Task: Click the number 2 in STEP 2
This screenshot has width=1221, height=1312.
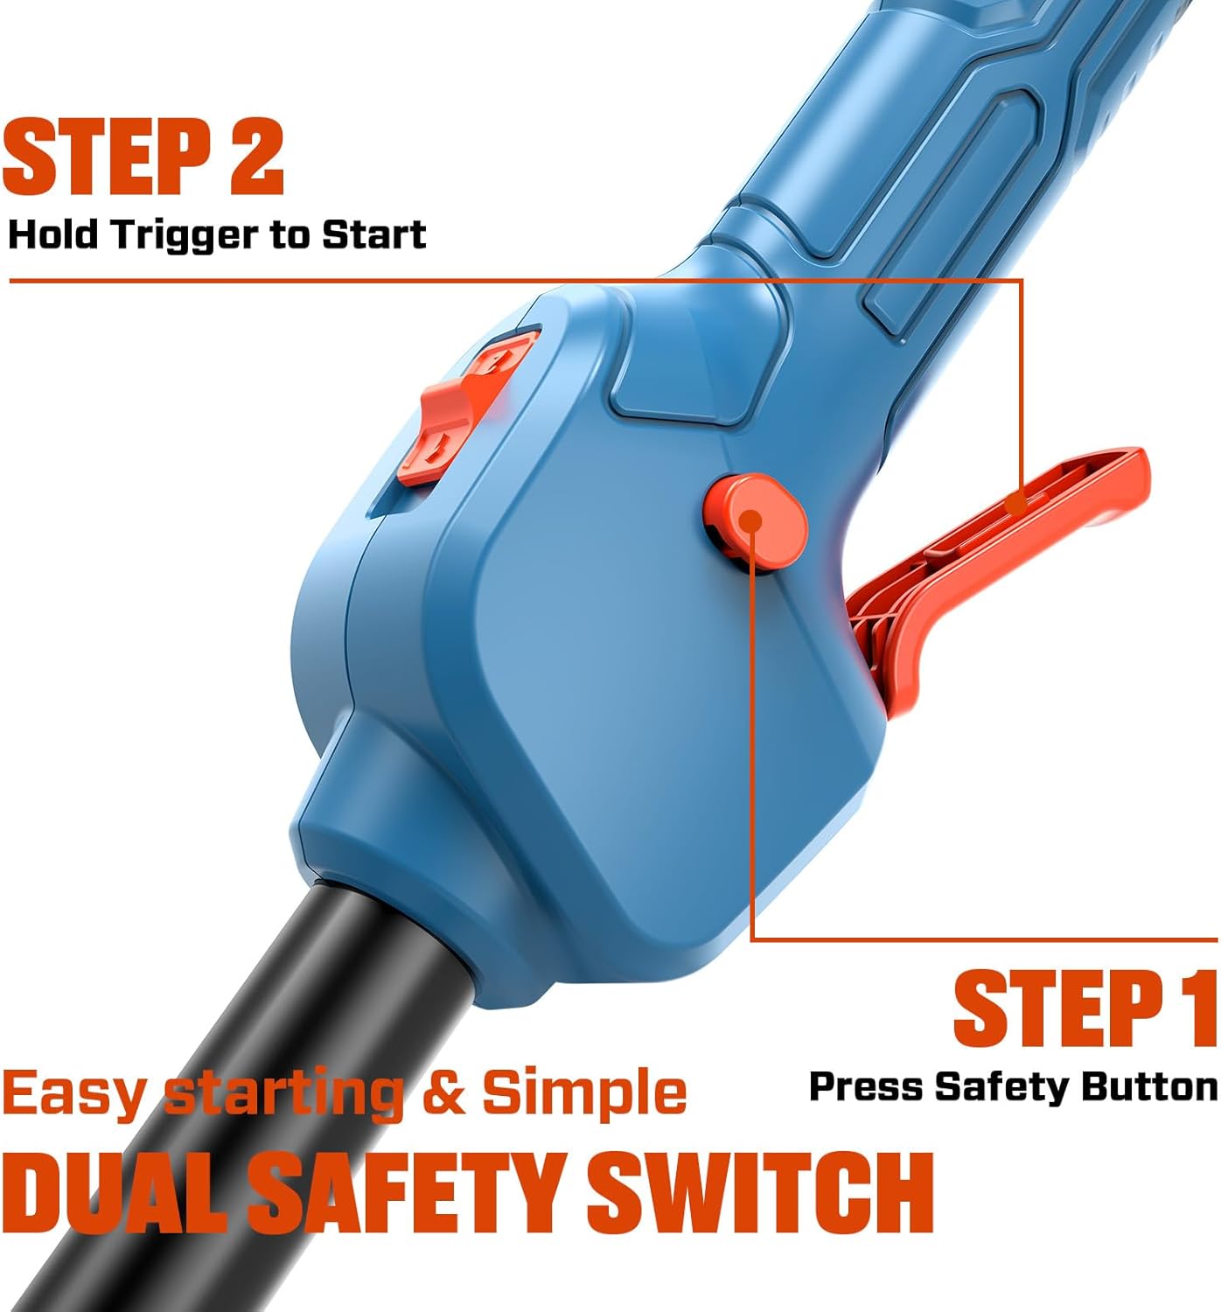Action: coord(256,157)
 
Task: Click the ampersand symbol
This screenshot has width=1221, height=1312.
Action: coord(443,1093)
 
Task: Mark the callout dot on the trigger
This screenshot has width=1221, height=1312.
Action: coord(1015,504)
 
